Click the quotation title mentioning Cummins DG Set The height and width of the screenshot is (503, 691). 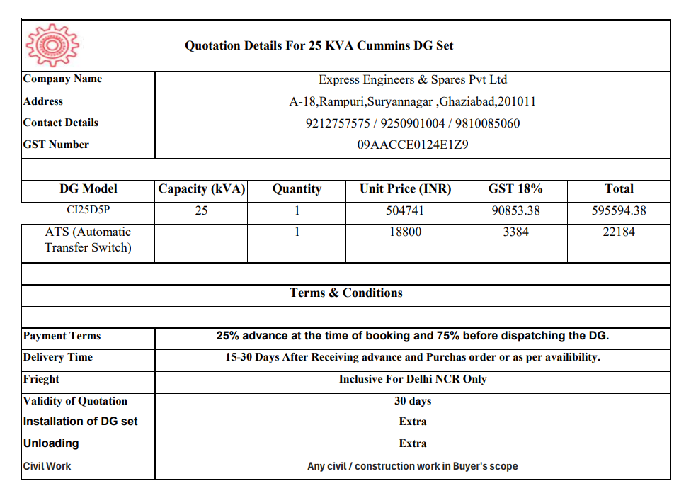319,46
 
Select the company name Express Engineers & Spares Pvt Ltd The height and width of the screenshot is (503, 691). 413,80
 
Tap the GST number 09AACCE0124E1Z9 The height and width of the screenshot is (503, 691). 413,145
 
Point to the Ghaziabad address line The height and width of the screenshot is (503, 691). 413,101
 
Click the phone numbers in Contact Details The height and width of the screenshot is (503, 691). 413,123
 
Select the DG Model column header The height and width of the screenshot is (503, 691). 88,189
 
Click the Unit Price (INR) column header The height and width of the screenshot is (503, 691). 405,189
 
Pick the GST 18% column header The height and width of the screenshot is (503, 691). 515,189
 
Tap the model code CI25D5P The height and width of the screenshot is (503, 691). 88,210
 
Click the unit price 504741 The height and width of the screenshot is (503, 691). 405,210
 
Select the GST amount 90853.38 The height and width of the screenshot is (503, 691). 515,210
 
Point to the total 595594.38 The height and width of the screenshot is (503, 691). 619,210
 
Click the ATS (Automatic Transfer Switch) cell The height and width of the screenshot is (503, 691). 88,239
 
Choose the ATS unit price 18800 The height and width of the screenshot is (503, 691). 405,232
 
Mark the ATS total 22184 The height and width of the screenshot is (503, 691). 619,232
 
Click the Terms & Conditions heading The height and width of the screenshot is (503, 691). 345,293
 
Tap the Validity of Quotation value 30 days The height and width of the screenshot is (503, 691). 413,401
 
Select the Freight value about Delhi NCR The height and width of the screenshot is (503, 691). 413,379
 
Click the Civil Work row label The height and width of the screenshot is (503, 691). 47,466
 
